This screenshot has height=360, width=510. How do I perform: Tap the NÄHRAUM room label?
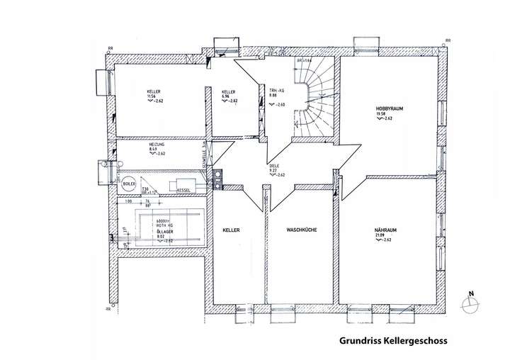[x=387, y=230]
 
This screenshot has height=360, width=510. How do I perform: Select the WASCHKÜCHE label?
[x=300, y=230]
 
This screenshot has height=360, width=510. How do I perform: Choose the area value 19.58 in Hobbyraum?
[x=380, y=113]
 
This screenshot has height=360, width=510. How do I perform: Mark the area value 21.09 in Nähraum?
[x=380, y=236]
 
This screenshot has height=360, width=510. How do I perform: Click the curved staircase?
[x=317, y=96]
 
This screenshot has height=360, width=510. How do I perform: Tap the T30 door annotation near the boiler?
[x=145, y=189]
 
